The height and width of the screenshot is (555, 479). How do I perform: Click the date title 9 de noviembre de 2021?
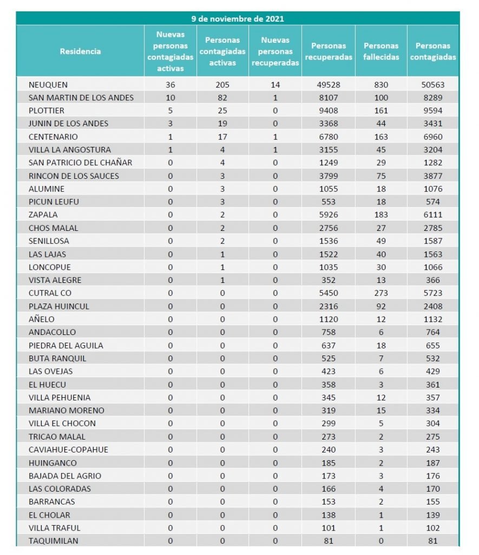tap(238, 19)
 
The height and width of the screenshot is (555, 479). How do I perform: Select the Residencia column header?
tap(80, 51)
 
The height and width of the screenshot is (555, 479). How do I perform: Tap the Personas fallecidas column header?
tap(381, 51)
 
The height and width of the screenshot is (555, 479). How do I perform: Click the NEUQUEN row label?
tap(49, 85)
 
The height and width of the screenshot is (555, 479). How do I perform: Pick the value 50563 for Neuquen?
tap(433, 85)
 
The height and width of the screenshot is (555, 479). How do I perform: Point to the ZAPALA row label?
tap(43, 215)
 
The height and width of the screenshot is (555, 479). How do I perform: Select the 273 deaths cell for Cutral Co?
tap(381, 293)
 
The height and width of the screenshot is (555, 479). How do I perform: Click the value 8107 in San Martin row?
tap(328, 98)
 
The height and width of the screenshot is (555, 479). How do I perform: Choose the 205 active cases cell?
tap(222, 85)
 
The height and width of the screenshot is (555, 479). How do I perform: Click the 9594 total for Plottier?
tap(433, 111)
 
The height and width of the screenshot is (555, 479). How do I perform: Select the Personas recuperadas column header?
tap(328, 51)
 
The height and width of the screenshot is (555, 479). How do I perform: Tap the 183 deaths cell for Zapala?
tap(381, 215)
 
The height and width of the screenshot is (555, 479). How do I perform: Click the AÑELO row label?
tap(42, 319)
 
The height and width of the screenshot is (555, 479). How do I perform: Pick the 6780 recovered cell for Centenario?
tap(328, 137)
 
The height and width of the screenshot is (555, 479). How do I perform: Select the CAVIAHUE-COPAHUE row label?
tap(69, 449)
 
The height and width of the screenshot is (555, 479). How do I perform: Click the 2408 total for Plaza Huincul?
tap(433, 306)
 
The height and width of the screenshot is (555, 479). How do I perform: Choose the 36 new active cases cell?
tap(170, 85)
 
